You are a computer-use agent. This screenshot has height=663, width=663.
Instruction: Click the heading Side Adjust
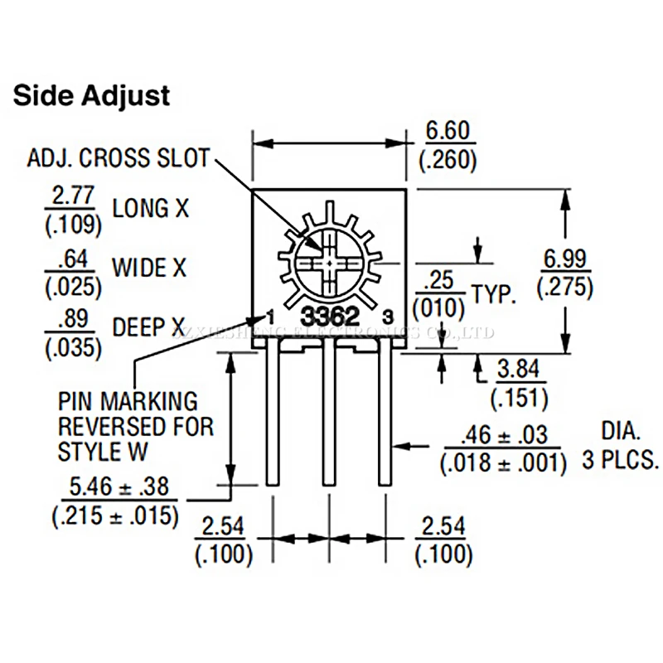92,95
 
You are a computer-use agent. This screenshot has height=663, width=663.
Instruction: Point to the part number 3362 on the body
329,316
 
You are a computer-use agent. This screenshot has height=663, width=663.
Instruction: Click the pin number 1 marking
270,315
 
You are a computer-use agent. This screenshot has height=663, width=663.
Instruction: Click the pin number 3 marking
388,316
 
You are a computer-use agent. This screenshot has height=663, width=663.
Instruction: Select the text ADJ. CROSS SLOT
119,157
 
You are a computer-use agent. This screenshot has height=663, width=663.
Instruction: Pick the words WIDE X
149,267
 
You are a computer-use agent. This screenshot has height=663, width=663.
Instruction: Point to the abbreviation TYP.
494,293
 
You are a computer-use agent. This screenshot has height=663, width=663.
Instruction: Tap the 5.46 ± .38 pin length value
115,486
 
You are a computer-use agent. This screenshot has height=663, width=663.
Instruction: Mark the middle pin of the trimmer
330,414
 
